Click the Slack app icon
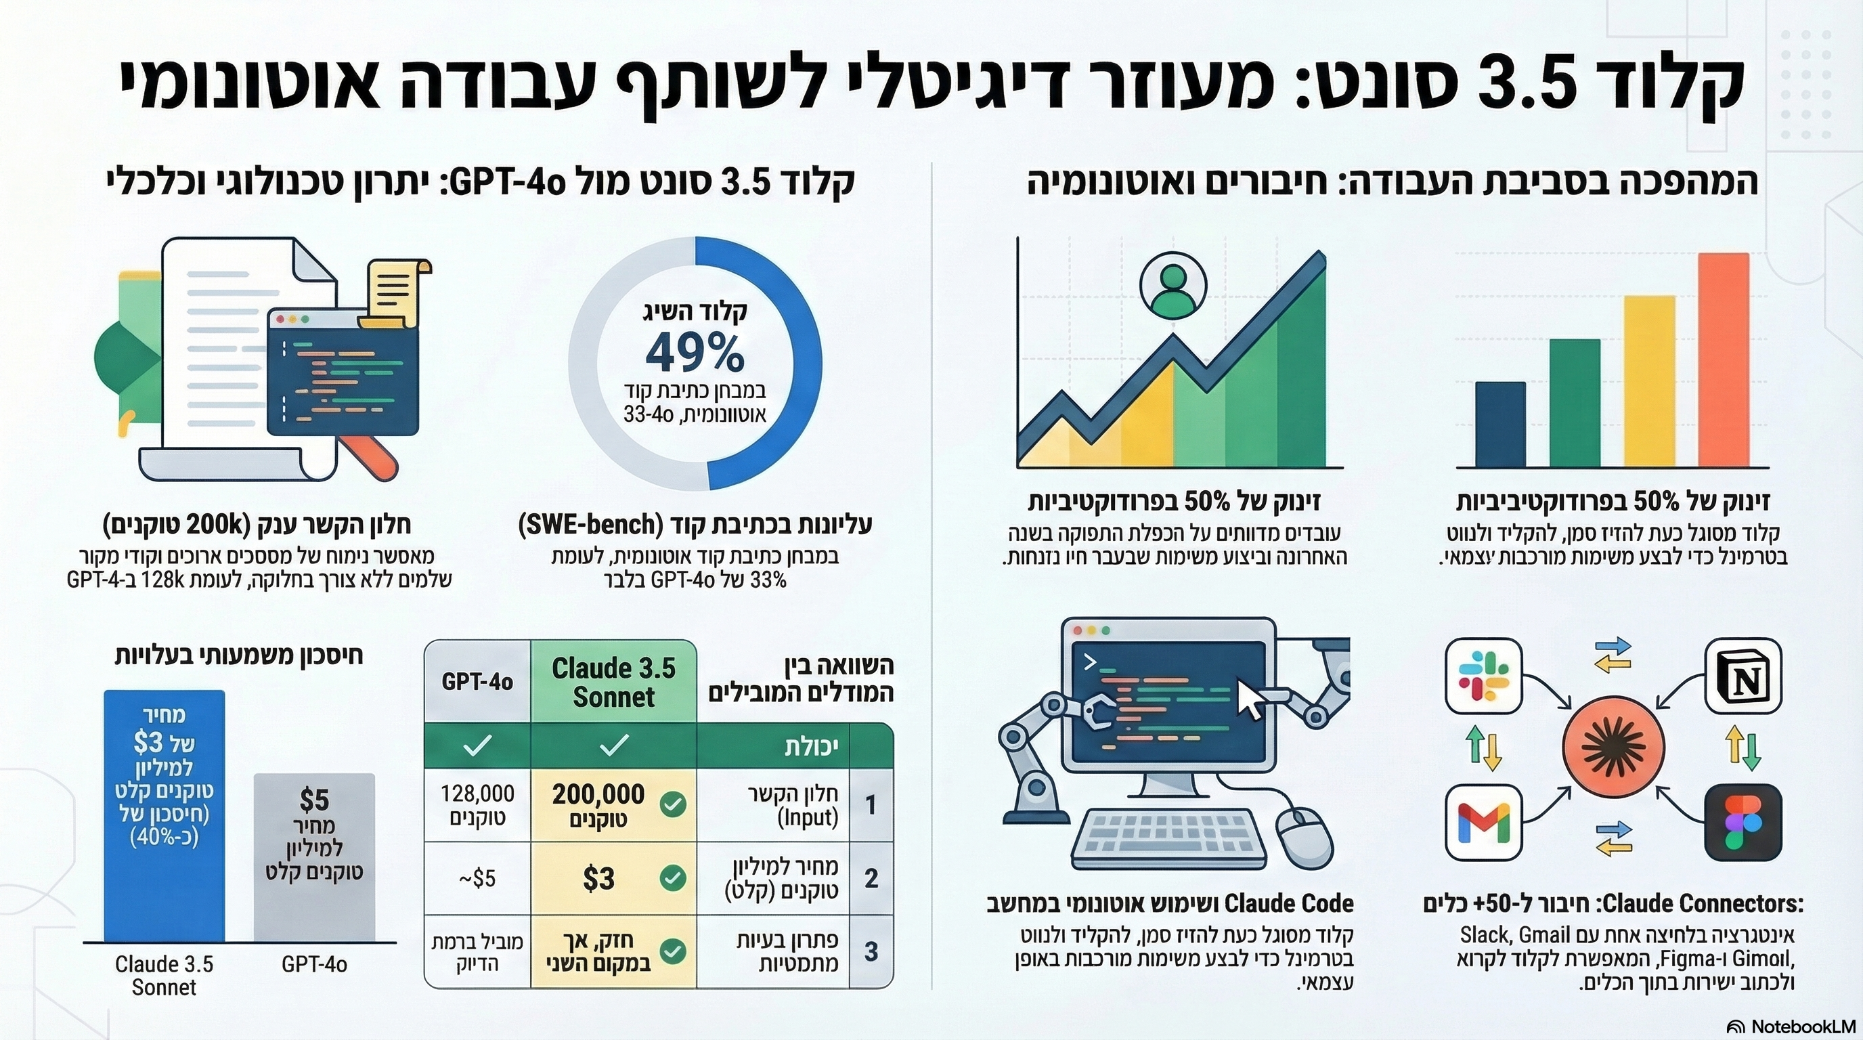tap(1483, 675)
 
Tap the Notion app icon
tap(1743, 675)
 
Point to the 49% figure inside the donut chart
tap(695, 353)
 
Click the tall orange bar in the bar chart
tap(1724, 360)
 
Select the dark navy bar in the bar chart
tap(1500, 424)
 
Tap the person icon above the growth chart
tap(1173, 286)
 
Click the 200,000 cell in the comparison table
tap(599, 804)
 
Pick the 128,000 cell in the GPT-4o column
tap(477, 804)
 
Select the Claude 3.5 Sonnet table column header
tap(613, 681)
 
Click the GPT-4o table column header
tap(477, 681)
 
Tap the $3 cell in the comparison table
tap(599, 878)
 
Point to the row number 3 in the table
tap(871, 951)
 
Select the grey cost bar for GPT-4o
tap(314, 857)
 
